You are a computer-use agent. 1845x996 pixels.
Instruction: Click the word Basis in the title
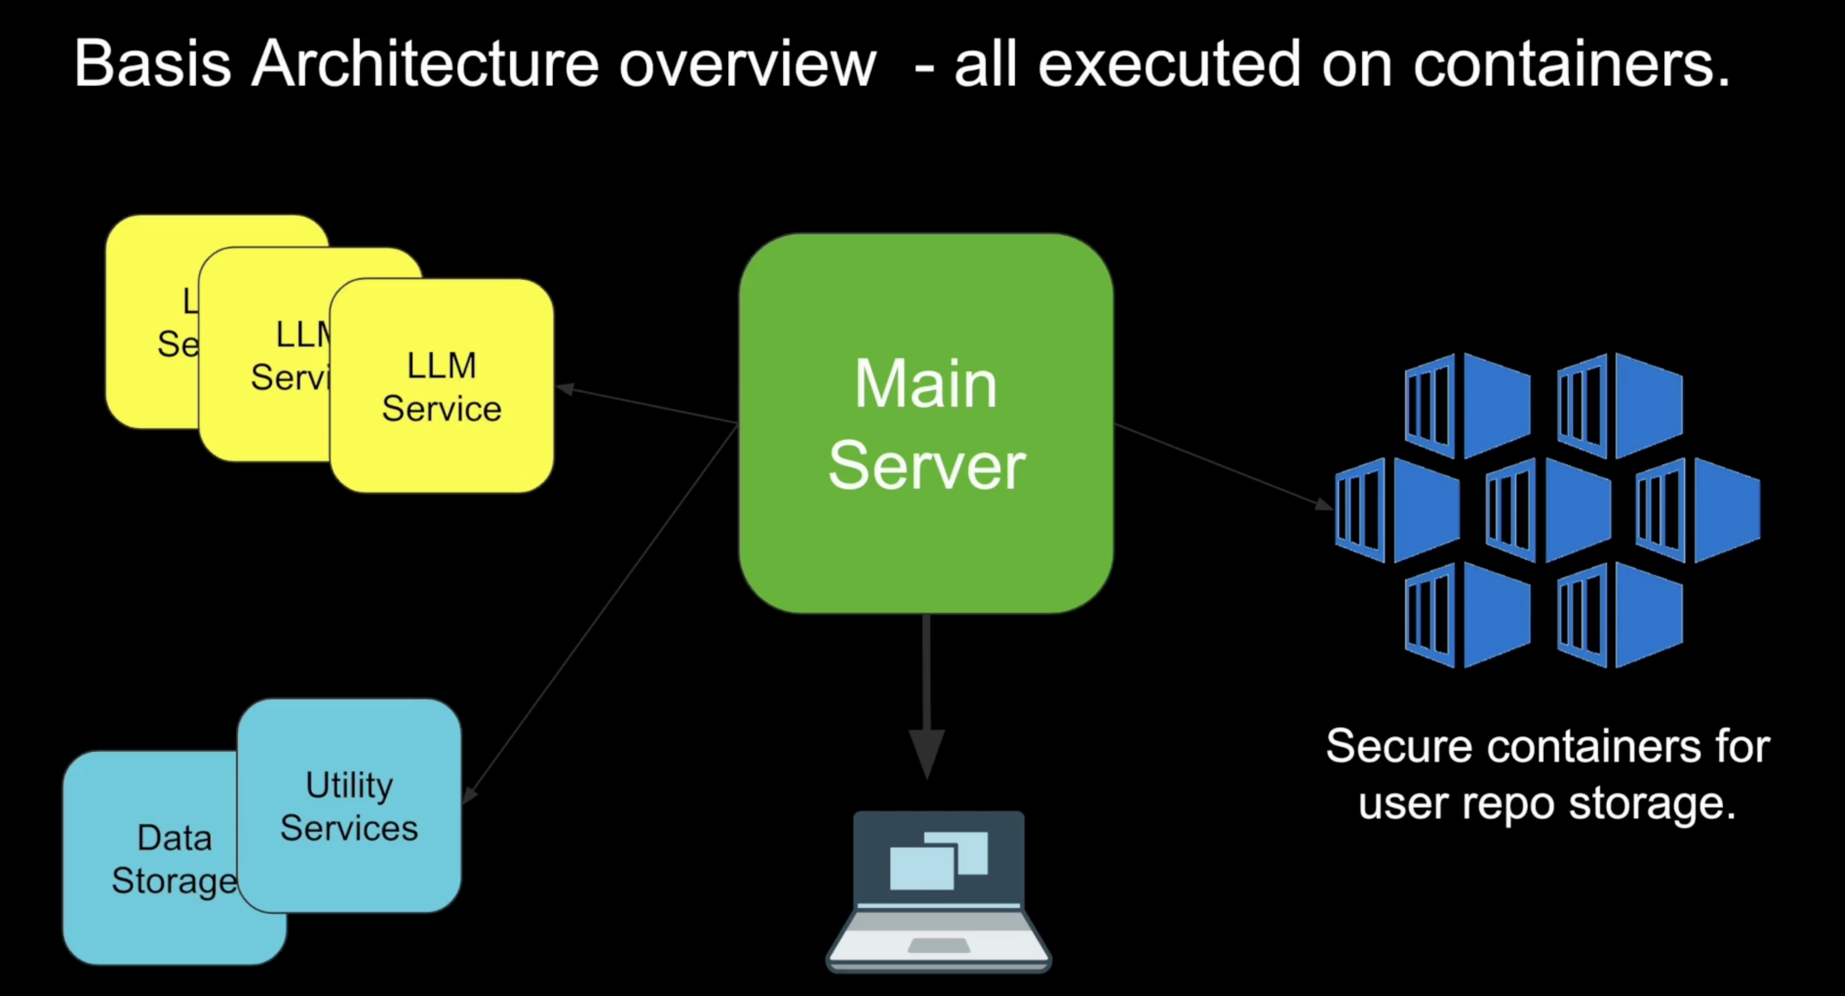(x=152, y=64)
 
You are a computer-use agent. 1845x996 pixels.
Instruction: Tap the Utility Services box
(x=349, y=806)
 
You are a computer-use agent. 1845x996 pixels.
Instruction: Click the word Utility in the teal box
(x=349, y=785)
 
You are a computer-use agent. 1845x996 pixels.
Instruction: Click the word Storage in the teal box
(x=174, y=881)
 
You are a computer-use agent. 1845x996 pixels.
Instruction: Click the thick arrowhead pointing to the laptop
(x=927, y=752)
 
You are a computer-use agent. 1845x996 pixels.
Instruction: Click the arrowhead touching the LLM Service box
(x=566, y=389)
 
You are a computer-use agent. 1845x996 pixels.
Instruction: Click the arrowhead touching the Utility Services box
(x=469, y=795)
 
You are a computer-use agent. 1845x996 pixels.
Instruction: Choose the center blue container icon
(x=1547, y=510)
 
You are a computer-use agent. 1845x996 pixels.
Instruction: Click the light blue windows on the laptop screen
(x=938, y=860)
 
